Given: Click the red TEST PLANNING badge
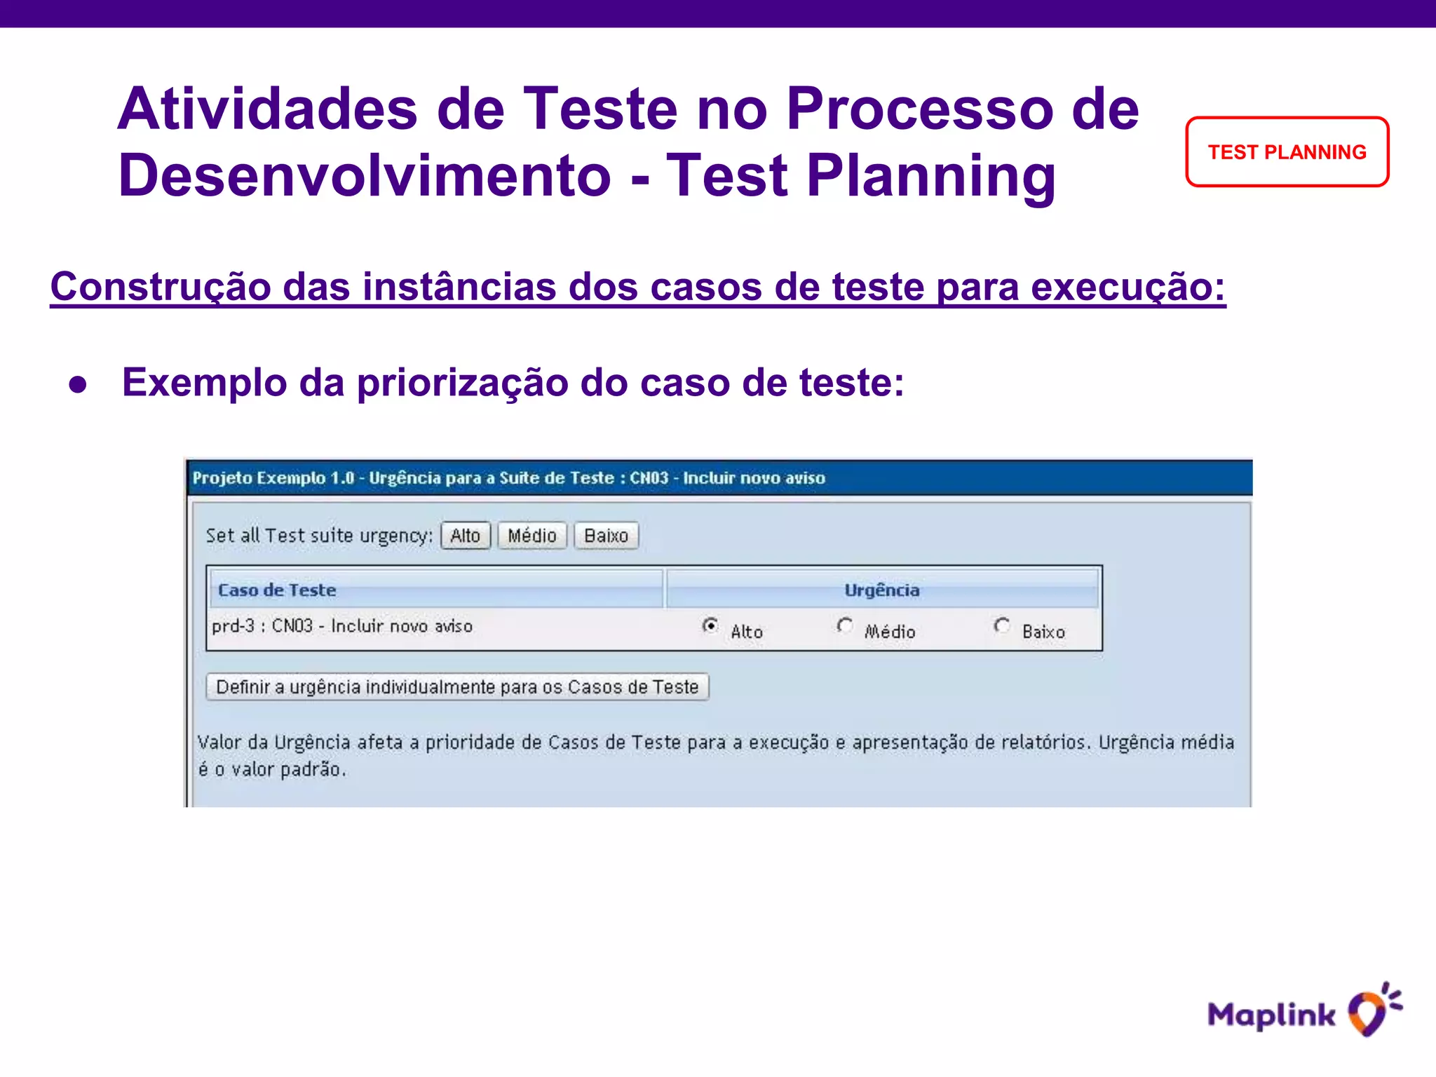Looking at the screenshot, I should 1287,152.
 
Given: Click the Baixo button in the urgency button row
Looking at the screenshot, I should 606,536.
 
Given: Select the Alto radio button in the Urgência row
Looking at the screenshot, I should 710,625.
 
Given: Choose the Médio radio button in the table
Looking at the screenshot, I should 845,625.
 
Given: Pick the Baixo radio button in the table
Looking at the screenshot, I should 1002,625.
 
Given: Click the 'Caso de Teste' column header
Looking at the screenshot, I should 277,590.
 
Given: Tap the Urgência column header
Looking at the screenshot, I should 881,590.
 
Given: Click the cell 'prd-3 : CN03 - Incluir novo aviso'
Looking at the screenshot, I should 342,625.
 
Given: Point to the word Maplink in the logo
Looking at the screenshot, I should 1271,1015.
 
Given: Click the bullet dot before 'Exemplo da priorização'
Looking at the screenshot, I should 78,384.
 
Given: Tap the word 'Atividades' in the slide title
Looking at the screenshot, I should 267,109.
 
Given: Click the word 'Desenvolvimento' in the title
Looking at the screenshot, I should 365,175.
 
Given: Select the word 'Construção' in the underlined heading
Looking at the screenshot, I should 160,287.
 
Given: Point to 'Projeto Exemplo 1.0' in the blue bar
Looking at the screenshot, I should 273,478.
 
